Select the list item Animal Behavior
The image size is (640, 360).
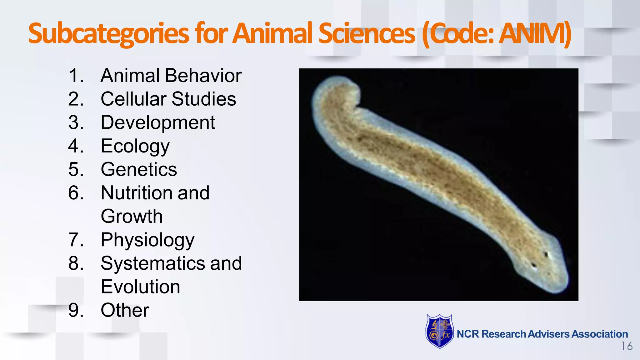click(x=171, y=76)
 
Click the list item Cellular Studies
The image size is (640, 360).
click(x=168, y=99)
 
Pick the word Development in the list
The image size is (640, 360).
click(x=158, y=122)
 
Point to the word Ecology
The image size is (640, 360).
click(x=135, y=146)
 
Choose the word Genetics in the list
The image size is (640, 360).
click(x=139, y=169)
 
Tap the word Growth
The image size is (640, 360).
click(x=132, y=216)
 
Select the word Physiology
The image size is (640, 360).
click(x=147, y=240)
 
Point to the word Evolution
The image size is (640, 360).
click(x=140, y=287)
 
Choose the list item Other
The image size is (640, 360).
click(x=125, y=310)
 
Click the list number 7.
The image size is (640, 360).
click(x=76, y=240)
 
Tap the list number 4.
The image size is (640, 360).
click(x=76, y=146)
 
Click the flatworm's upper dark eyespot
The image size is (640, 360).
click(x=547, y=255)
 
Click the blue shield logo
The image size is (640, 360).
click(x=439, y=331)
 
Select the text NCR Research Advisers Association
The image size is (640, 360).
click(x=542, y=334)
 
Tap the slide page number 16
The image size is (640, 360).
click(x=627, y=346)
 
